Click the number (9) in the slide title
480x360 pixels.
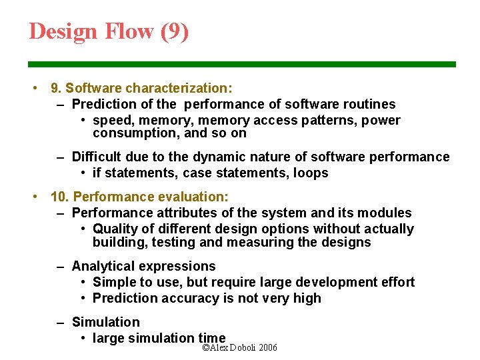pyautogui.click(x=175, y=31)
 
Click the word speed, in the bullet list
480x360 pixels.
pyautogui.click(x=112, y=120)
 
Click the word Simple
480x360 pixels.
pyautogui.click(x=113, y=282)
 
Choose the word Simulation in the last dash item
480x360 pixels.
pyautogui.click(x=106, y=322)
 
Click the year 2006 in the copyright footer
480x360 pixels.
pyautogui.click(x=268, y=348)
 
